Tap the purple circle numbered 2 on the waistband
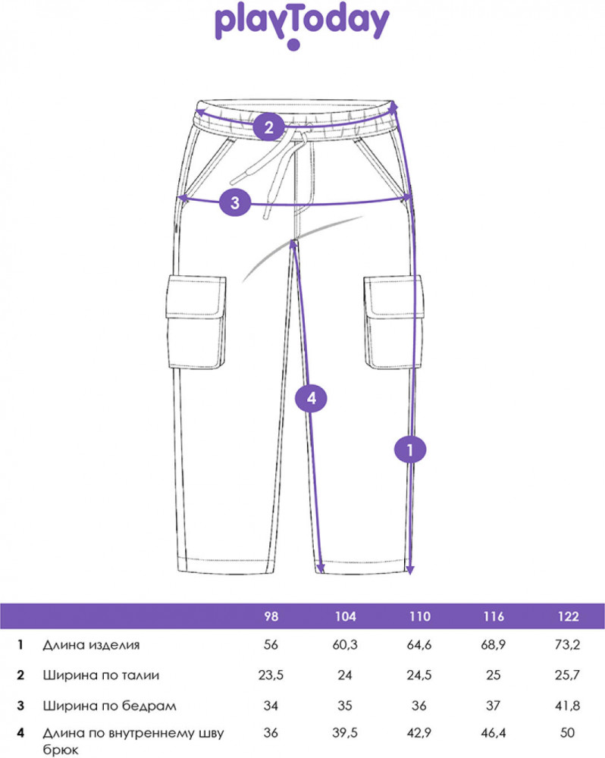pyautogui.click(x=269, y=127)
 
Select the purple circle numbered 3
pyautogui.click(x=235, y=202)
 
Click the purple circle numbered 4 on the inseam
pyautogui.click(x=312, y=399)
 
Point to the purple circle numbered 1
pyautogui.click(x=410, y=450)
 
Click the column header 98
pyautogui.click(x=271, y=616)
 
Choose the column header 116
pyautogui.click(x=493, y=616)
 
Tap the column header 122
pyautogui.click(x=568, y=616)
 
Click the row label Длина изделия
pyautogui.click(x=91, y=645)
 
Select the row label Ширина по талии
pyautogui.click(x=101, y=675)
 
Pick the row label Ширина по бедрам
pyautogui.click(x=109, y=706)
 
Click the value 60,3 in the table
pyautogui.click(x=345, y=645)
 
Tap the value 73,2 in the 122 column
pyautogui.click(x=567, y=645)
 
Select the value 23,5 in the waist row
pyautogui.click(x=271, y=675)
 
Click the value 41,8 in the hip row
pyautogui.click(x=567, y=706)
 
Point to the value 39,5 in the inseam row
pyautogui.click(x=345, y=733)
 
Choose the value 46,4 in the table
pyautogui.click(x=494, y=733)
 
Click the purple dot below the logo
pyautogui.click(x=293, y=45)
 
